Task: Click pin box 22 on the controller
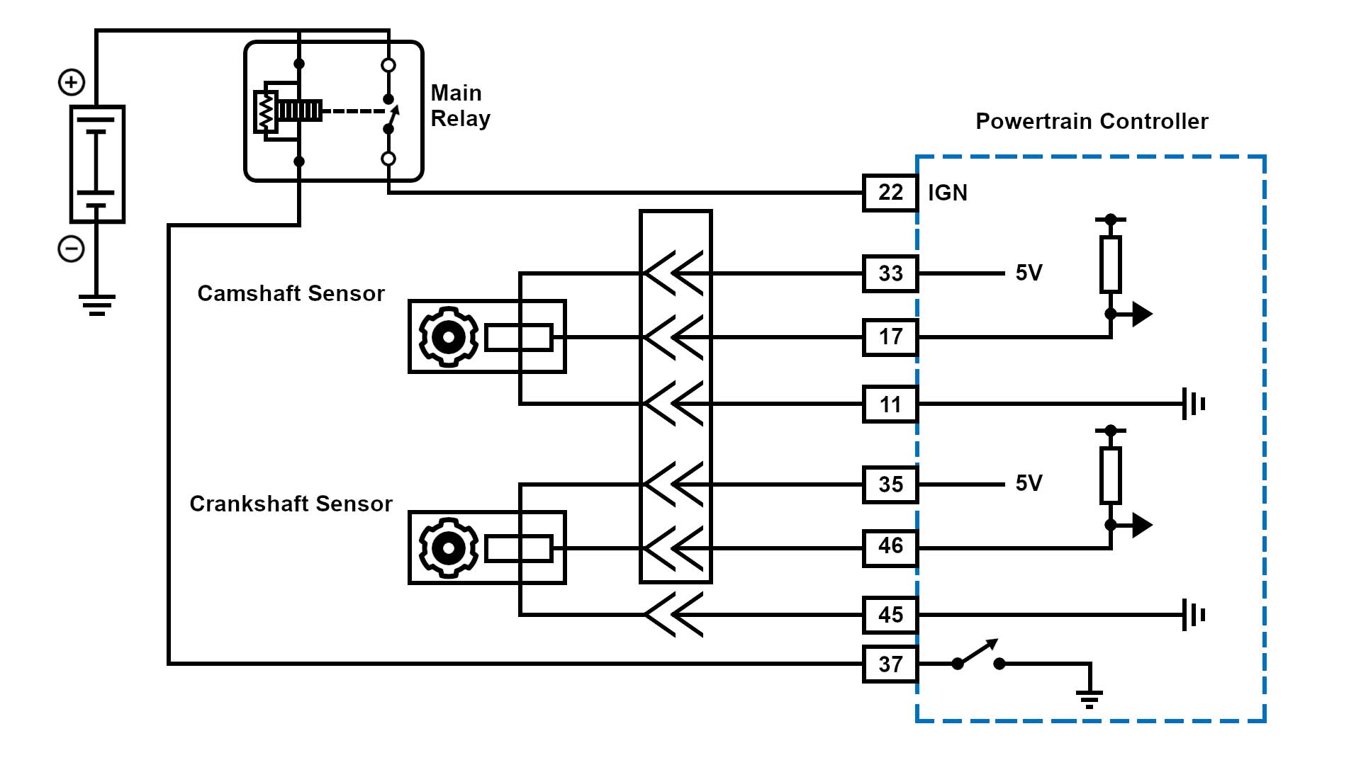tap(890, 193)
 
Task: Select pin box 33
tap(890, 273)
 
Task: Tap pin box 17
tap(890, 337)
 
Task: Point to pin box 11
tap(890, 404)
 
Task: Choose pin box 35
tap(890, 484)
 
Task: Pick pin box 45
tap(890, 615)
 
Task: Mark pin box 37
tap(890, 664)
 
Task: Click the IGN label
tap(947, 193)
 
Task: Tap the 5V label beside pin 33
tap(1029, 273)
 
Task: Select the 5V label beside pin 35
tap(1029, 483)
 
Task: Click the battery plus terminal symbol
tap(71, 82)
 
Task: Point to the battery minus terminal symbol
tap(71, 249)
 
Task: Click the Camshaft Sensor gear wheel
tap(448, 337)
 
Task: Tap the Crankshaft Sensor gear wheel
tap(448, 548)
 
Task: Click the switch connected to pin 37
tap(978, 654)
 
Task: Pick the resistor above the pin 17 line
tap(1110, 265)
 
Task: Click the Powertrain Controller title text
tap(1092, 121)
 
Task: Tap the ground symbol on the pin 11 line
tap(1194, 404)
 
